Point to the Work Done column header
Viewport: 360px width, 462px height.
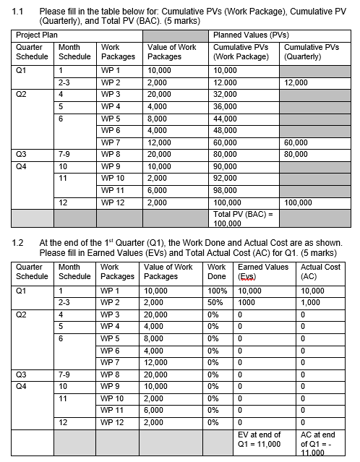pos(217,272)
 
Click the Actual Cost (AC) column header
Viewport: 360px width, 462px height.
pos(320,272)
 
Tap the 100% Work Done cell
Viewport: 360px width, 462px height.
pos(217,291)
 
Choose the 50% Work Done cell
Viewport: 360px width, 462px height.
pos(217,302)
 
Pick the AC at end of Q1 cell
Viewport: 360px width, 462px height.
pos(320,442)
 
